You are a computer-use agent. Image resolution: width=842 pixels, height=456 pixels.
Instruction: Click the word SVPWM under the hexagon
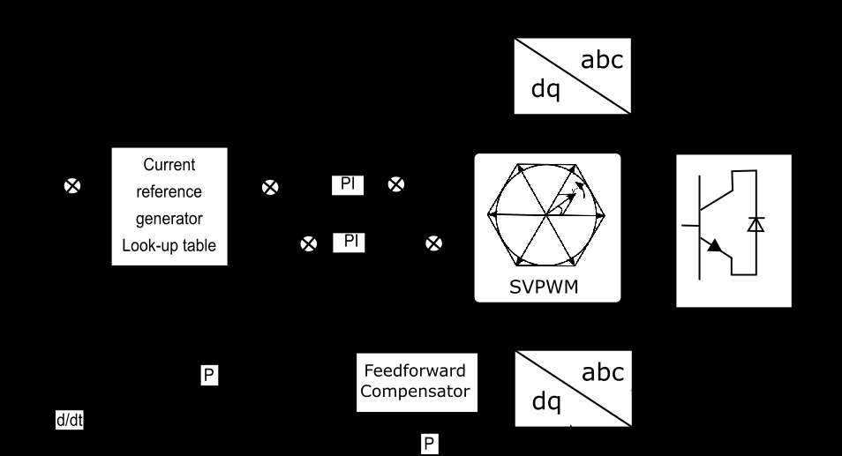[x=546, y=287]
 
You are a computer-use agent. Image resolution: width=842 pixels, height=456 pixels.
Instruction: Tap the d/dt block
[x=70, y=421]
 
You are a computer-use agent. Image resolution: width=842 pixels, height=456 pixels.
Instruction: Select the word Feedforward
[x=417, y=370]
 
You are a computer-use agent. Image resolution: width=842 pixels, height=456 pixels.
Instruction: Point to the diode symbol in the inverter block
[x=756, y=224]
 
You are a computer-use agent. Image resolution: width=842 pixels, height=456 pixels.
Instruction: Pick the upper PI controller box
[x=348, y=184]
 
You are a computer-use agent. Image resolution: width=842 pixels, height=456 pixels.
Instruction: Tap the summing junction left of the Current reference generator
[x=73, y=186]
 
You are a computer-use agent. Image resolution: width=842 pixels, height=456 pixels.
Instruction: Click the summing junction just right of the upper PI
[x=397, y=184]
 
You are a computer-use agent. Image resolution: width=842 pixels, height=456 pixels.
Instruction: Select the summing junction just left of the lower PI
[x=308, y=243]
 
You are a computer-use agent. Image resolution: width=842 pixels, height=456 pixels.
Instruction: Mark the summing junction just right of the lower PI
[x=434, y=243]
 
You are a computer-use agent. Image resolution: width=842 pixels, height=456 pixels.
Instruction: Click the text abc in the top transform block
[x=602, y=60]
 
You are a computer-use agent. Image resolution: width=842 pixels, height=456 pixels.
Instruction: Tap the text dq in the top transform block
[x=545, y=90]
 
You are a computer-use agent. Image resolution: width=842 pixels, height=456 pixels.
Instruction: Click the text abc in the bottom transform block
[x=602, y=372]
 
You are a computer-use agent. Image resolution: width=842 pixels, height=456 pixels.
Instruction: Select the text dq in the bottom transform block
[x=546, y=401]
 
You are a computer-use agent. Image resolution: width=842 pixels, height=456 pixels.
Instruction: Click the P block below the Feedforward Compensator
[x=430, y=443]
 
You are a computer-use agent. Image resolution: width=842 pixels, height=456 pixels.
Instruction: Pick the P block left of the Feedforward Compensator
[x=209, y=376]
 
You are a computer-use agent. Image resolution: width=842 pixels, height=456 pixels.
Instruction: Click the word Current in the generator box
[x=169, y=165]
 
